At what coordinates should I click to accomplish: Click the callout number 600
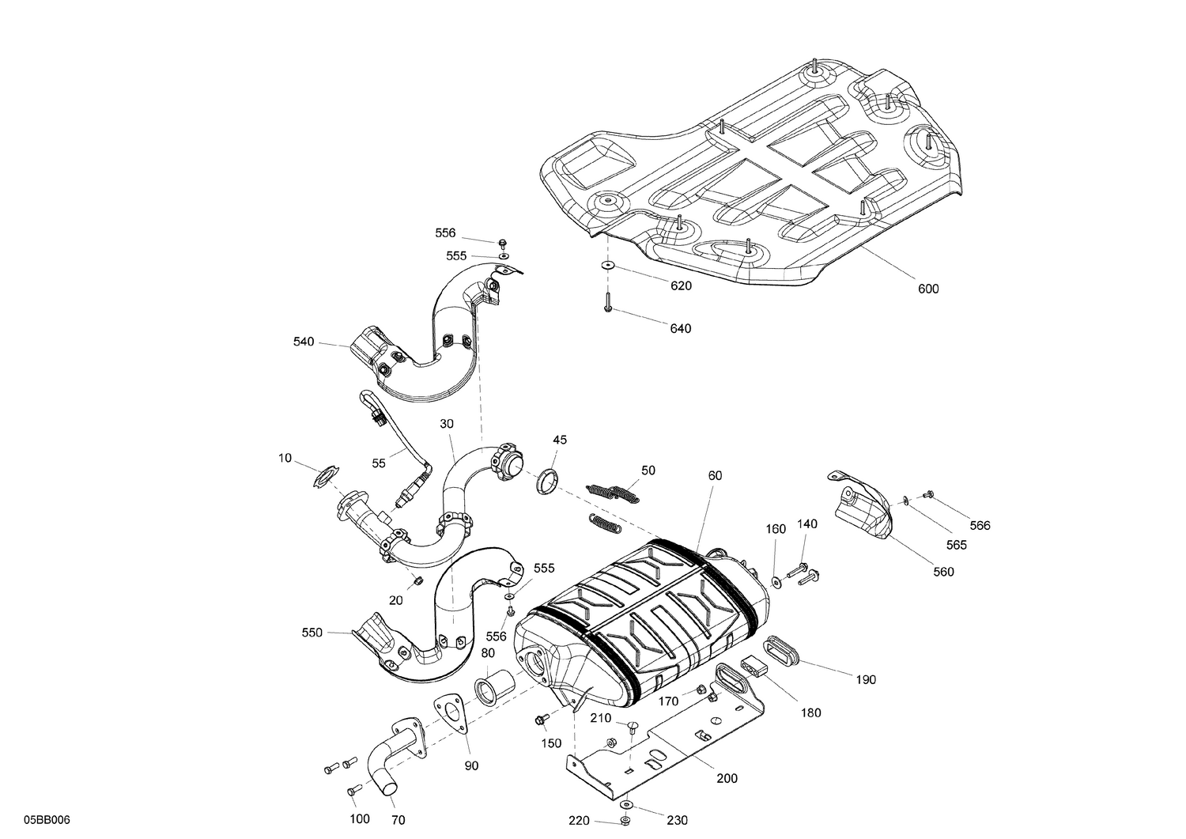tap(928, 289)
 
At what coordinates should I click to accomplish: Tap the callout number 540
tap(303, 342)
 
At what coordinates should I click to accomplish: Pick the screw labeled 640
tap(607, 301)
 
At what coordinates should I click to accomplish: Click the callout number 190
tap(866, 679)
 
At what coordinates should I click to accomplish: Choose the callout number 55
tap(379, 463)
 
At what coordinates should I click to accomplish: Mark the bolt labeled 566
tap(929, 494)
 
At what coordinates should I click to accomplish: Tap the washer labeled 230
tap(626, 805)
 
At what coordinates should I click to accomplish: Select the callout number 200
tap(726, 778)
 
